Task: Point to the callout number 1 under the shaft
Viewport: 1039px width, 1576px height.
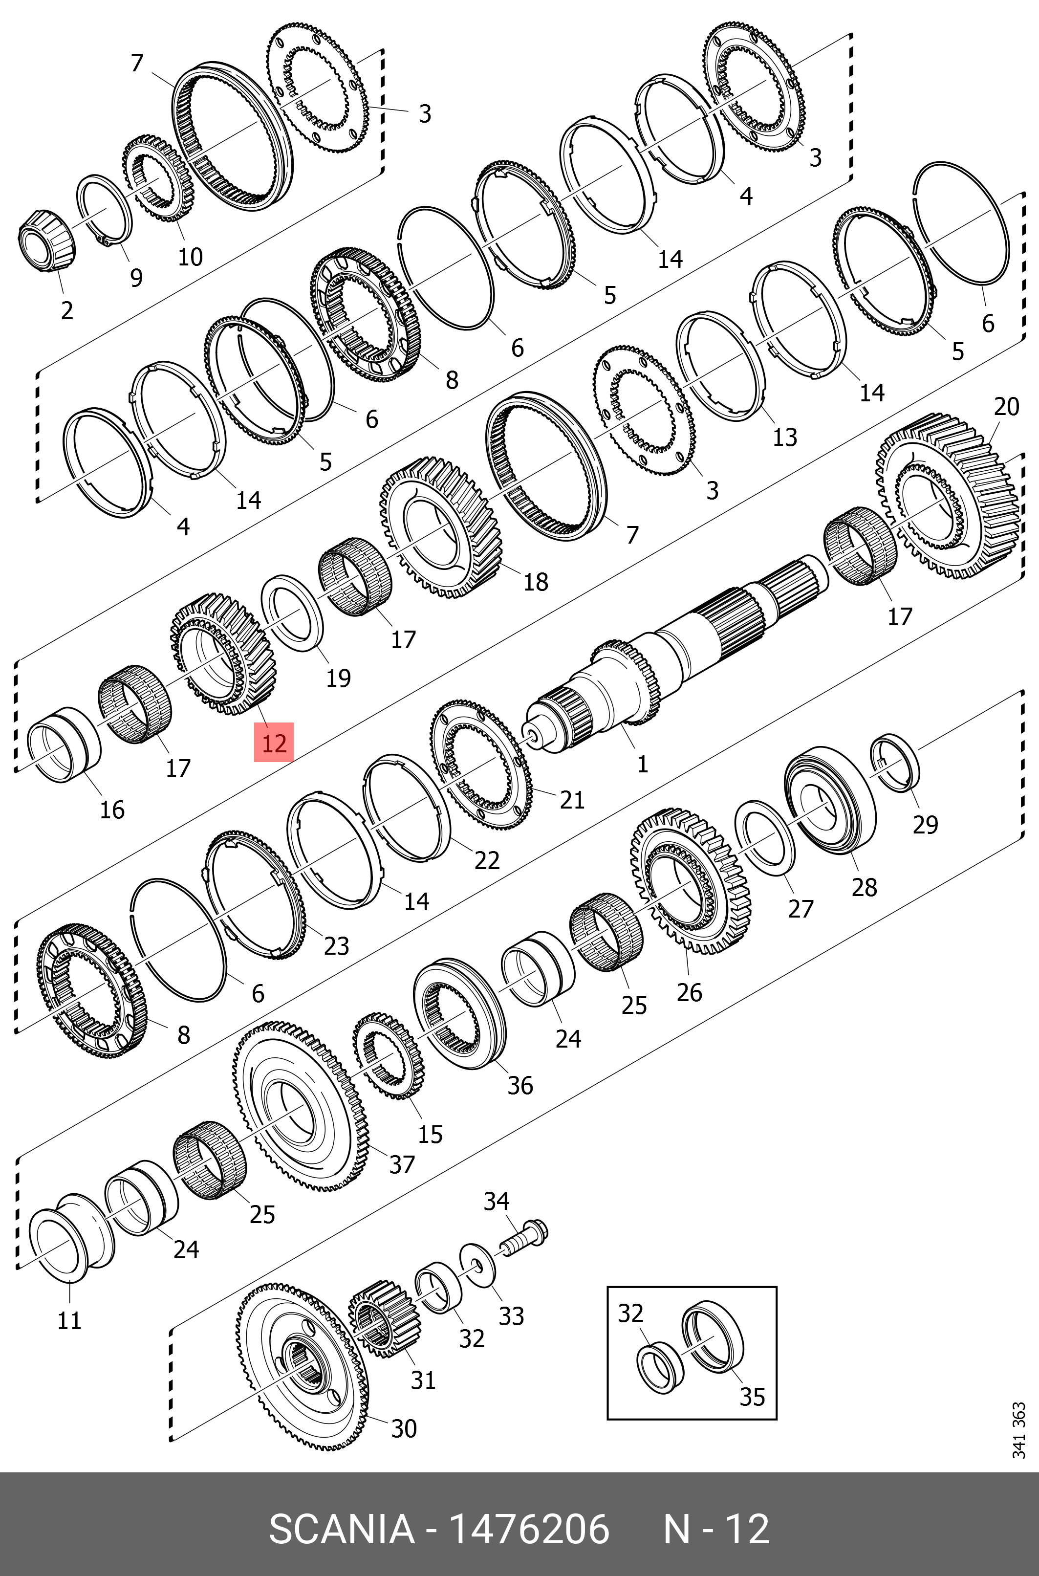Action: (x=642, y=764)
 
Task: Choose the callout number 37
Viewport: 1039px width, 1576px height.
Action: (x=402, y=1164)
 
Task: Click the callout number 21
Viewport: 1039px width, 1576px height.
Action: (x=572, y=800)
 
